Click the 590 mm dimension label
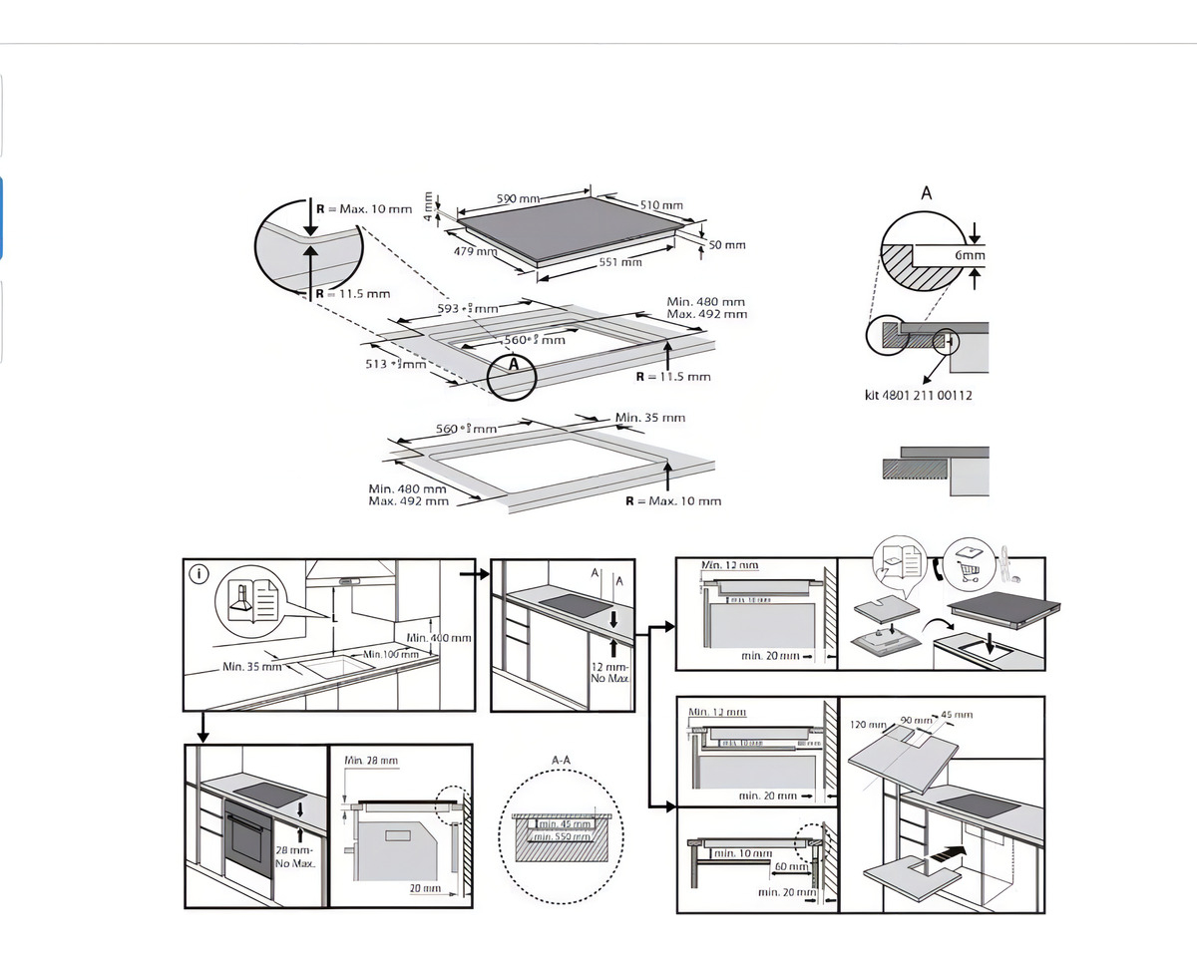click(519, 198)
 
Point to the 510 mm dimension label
click(661, 205)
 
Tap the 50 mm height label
click(727, 244)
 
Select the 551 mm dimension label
click(620, 262)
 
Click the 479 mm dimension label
click(475, 251)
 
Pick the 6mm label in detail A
click(970, 256)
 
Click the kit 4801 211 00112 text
click(918, 395)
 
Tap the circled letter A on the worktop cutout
click(515, 365)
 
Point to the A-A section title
click(562, 760)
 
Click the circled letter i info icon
click(199, 573)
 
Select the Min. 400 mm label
click(439, 637)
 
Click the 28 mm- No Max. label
click(295, 855)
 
